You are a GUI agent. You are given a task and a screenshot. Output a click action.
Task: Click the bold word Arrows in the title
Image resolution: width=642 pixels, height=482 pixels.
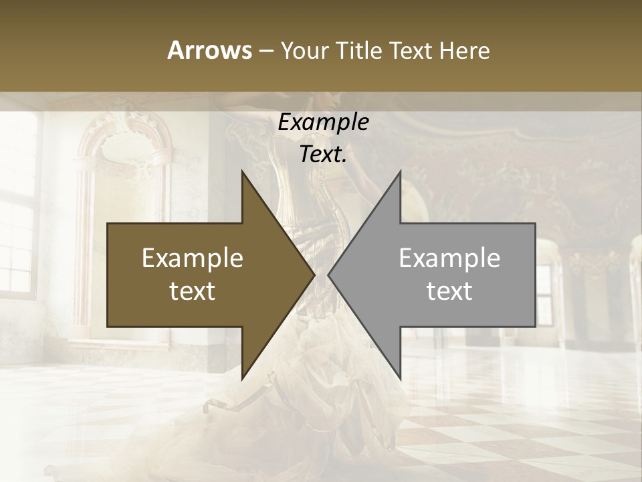click(x=210, y=50)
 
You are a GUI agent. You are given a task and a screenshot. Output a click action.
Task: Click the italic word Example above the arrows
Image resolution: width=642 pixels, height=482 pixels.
click(x=323, y=122)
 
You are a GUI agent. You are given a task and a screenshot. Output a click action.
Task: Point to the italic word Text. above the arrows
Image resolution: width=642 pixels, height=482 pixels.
click(x=323, y=154)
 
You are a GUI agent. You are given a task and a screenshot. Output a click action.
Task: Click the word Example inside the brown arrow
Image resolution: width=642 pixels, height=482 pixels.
click(x=193, y=258)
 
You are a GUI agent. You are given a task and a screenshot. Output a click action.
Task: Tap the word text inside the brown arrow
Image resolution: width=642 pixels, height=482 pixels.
click(x=193, y=291)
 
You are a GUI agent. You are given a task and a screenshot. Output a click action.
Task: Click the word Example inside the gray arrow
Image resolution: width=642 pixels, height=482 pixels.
click(x=449, y=258)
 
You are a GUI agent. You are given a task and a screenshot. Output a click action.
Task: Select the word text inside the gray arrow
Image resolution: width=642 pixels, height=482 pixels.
click(x=449, y=291)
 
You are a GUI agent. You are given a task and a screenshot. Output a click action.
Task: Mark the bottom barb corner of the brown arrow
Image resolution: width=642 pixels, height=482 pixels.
click(x=242, y=378)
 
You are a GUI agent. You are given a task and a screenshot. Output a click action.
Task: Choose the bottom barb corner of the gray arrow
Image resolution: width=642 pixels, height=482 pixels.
click(x=400, y=378)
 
